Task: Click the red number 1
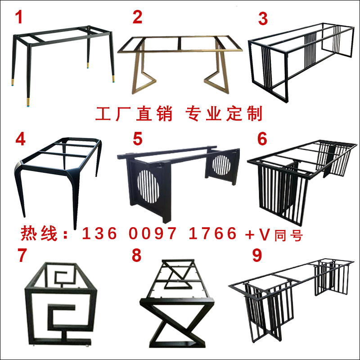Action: click(x=19, y=18)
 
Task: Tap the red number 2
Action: click(x=137, y=18)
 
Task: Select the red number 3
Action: click(x=263, y=19)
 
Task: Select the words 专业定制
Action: click(x=224, y=114)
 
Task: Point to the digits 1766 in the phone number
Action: click(x=213, y=234)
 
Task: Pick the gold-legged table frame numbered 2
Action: click(x=180, y=63)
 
